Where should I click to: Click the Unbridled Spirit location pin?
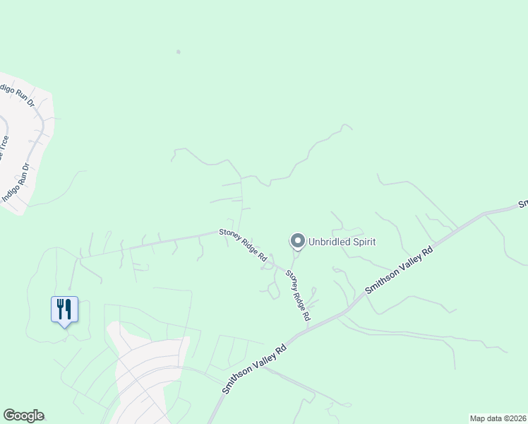(297, 242)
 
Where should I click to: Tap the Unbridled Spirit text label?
(342, 242)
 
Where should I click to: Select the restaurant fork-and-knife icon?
(64, 310)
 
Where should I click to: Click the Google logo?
(23, 416)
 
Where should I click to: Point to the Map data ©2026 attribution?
(498, 418)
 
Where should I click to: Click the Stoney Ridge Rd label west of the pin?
(243, 242)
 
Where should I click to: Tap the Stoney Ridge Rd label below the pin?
(298, 295)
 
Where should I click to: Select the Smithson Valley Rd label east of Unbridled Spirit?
(398, 271)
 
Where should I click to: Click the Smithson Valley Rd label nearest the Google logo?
(254, 369)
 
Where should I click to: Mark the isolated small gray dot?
(179, 52)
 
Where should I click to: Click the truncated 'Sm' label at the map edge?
(523, 204)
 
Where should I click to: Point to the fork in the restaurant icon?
(61, 307)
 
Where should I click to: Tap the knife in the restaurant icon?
(68, 307)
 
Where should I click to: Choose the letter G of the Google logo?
(9, 416)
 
